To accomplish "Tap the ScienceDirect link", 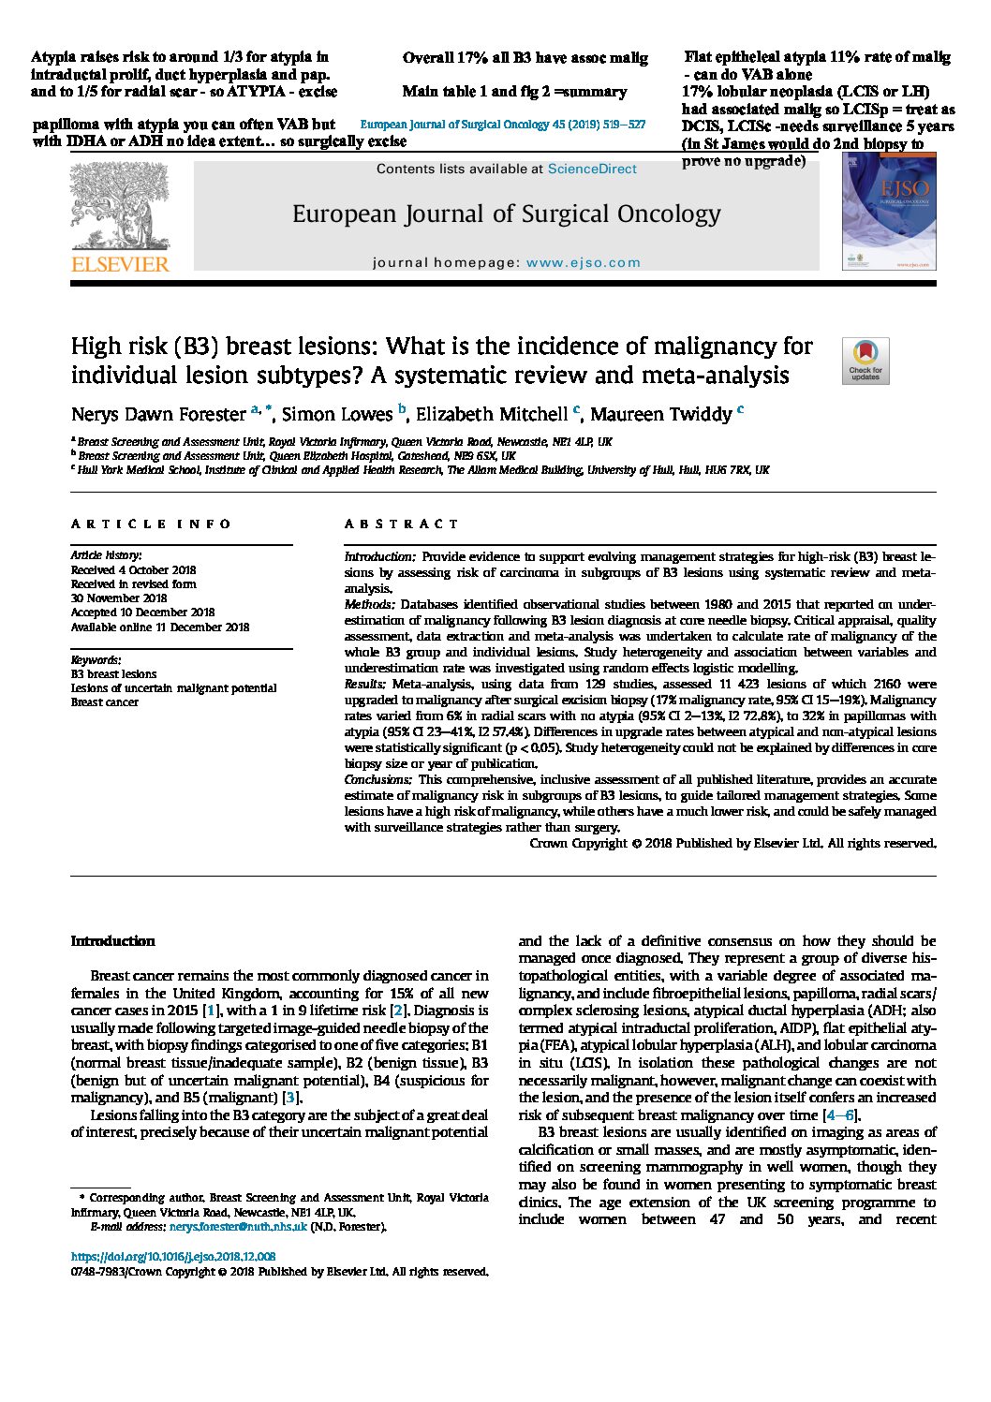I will click(592, 169).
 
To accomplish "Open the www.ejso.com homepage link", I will click(584, 263).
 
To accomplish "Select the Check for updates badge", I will click(865, 362).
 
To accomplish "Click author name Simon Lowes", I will click(337, 414).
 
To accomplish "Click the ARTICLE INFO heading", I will click(151, 524).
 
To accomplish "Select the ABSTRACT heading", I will click(401, 524).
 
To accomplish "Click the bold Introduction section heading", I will click(112, 941).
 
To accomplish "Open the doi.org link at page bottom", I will click(173, 1257).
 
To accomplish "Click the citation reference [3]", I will click(291, 1098).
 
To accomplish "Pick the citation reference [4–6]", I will click(838, 1114).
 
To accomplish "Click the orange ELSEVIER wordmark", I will click(121, 265).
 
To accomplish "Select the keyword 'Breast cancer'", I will click(105, 702).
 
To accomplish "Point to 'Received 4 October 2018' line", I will click(134, 569).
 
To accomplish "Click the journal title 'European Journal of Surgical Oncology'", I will click(506, 214).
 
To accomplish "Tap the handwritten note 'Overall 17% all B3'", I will click(525, 58).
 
